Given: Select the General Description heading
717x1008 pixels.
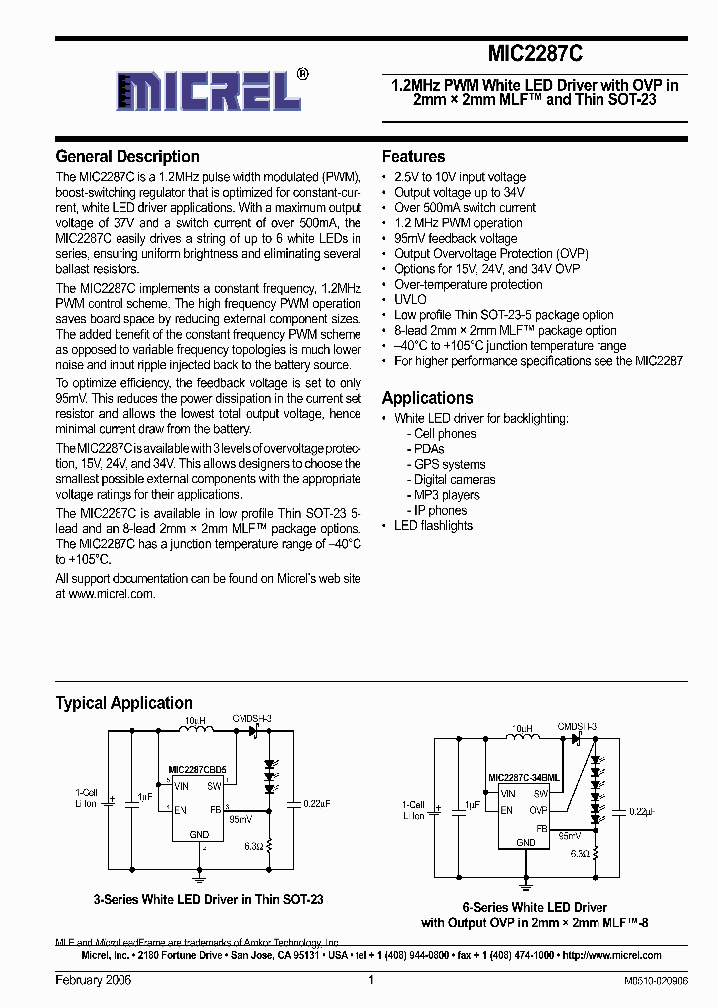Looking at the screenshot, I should click(x=127, y=157).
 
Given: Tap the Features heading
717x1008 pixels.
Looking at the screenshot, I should click(x=413, y=157).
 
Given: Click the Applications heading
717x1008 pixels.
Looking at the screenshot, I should click(x=428, y=398).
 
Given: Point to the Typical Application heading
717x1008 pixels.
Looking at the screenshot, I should click(x=123, y=703).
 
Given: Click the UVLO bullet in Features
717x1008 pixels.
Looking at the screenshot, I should click(x=410, y=299).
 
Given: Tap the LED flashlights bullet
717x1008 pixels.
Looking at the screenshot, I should click(x=433, y=526).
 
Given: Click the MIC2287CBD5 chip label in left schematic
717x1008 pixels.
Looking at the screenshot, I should click(x=197, y=770).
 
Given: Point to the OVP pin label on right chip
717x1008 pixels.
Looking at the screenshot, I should click(x=539, y=810).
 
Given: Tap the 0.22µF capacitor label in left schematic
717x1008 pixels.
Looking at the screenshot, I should click(x=315, y=803).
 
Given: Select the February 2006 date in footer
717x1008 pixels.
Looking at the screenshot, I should click(x=93, y=981).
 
